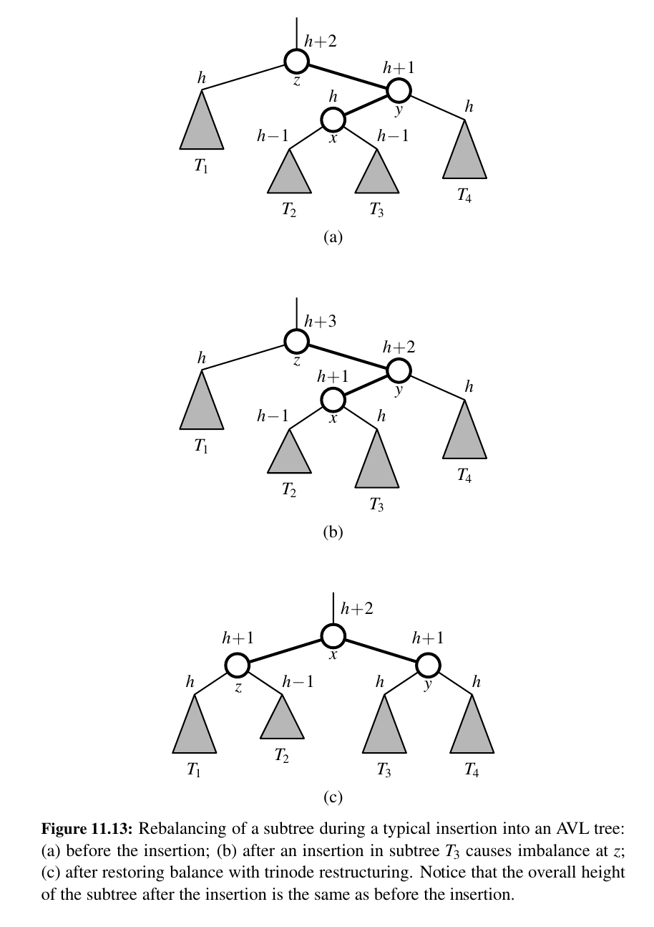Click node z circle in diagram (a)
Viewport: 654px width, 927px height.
(297, 61)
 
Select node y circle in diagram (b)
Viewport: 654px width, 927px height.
(399, 370)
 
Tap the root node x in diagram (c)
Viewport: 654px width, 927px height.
(333, 635)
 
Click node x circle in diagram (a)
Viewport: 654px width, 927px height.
(333, 120)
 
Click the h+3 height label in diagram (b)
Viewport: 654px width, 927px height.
(321, 322)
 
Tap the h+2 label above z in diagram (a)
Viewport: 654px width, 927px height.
(321, 42)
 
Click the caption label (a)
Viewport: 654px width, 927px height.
(333, 236)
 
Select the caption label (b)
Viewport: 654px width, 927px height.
(333, 532)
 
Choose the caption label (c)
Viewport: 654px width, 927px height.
(333, 796)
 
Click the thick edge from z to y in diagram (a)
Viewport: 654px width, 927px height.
(348, 76)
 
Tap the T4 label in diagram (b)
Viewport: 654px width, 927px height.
(464, 475)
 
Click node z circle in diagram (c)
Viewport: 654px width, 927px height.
(237, 665)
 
